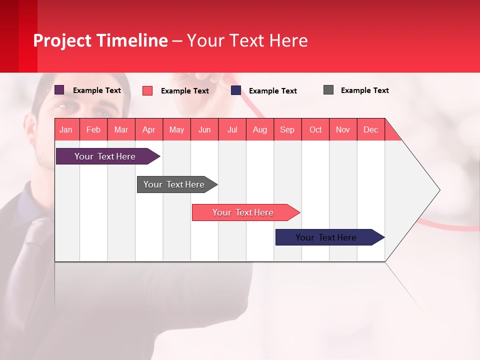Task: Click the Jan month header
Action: coord(66,129)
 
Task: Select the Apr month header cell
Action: coord(149,129)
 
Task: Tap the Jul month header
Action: coord(232,129)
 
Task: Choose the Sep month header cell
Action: coord(287,129)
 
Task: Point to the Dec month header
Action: coord(370,129)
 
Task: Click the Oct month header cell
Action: coord(315,129)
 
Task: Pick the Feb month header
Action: coord(93,129)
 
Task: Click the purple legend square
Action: coord(59,90)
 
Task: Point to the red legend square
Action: coord(147,90)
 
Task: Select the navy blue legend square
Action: coord(236,90)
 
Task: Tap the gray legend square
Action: coord(328,90)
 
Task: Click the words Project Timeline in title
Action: coord(100,40)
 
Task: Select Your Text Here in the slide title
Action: coord(247,40)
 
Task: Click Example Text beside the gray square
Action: coord(364,90)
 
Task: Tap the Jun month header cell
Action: coord(204,129)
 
